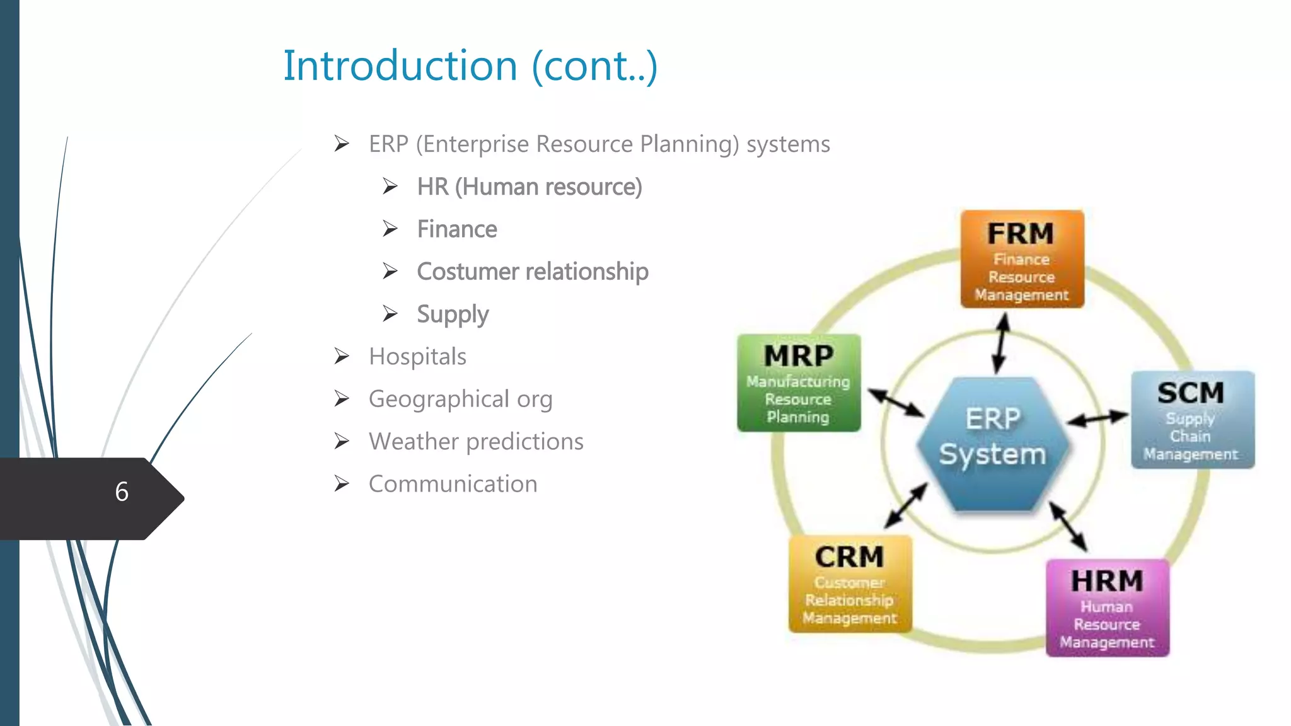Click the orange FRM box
[x=1022, y=259]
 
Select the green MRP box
[x=799, y=383]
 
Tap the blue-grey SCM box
[x=1192, y=420]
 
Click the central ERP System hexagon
[x=992, y=443]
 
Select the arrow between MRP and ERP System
[x=896, y=403]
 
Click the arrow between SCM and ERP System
[x=1097, y=418]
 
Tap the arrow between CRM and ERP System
[x=906, y=505]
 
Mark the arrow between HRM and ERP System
[x=1068, y=526]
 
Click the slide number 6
[x=122, y=492]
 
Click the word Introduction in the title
[x=400, y=66]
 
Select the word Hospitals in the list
[x=417, y=357]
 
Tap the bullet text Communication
[x=453, y=484]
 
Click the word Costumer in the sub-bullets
[x=467, y=272]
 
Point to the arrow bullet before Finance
[x=390, y=229]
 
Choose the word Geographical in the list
[x=439, y=399]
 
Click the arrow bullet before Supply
[x=390, y=314]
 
